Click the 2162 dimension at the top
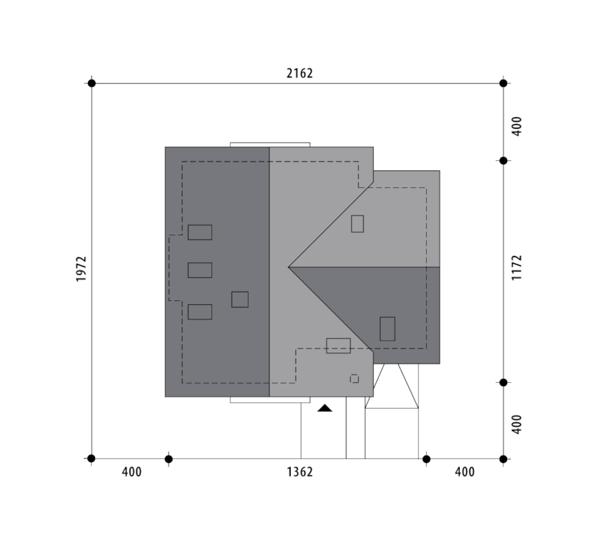[300, 73]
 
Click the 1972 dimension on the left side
[81, 269]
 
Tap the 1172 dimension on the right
[517, 268]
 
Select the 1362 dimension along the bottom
[300, 472]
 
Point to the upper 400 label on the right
[517, 126]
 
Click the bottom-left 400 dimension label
[132, 472]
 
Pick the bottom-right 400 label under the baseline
[464, 472]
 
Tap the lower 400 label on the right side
[517, 424]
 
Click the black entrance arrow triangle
[325, 408]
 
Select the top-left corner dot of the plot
[92, 83]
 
